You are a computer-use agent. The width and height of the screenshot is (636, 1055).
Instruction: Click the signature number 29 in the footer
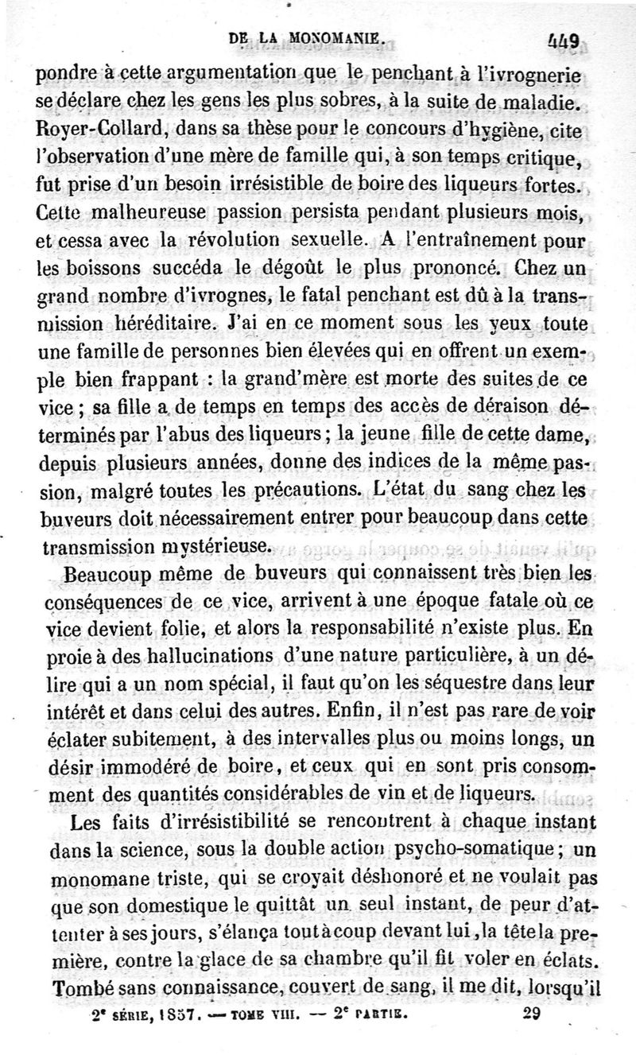pos(532,1014)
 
